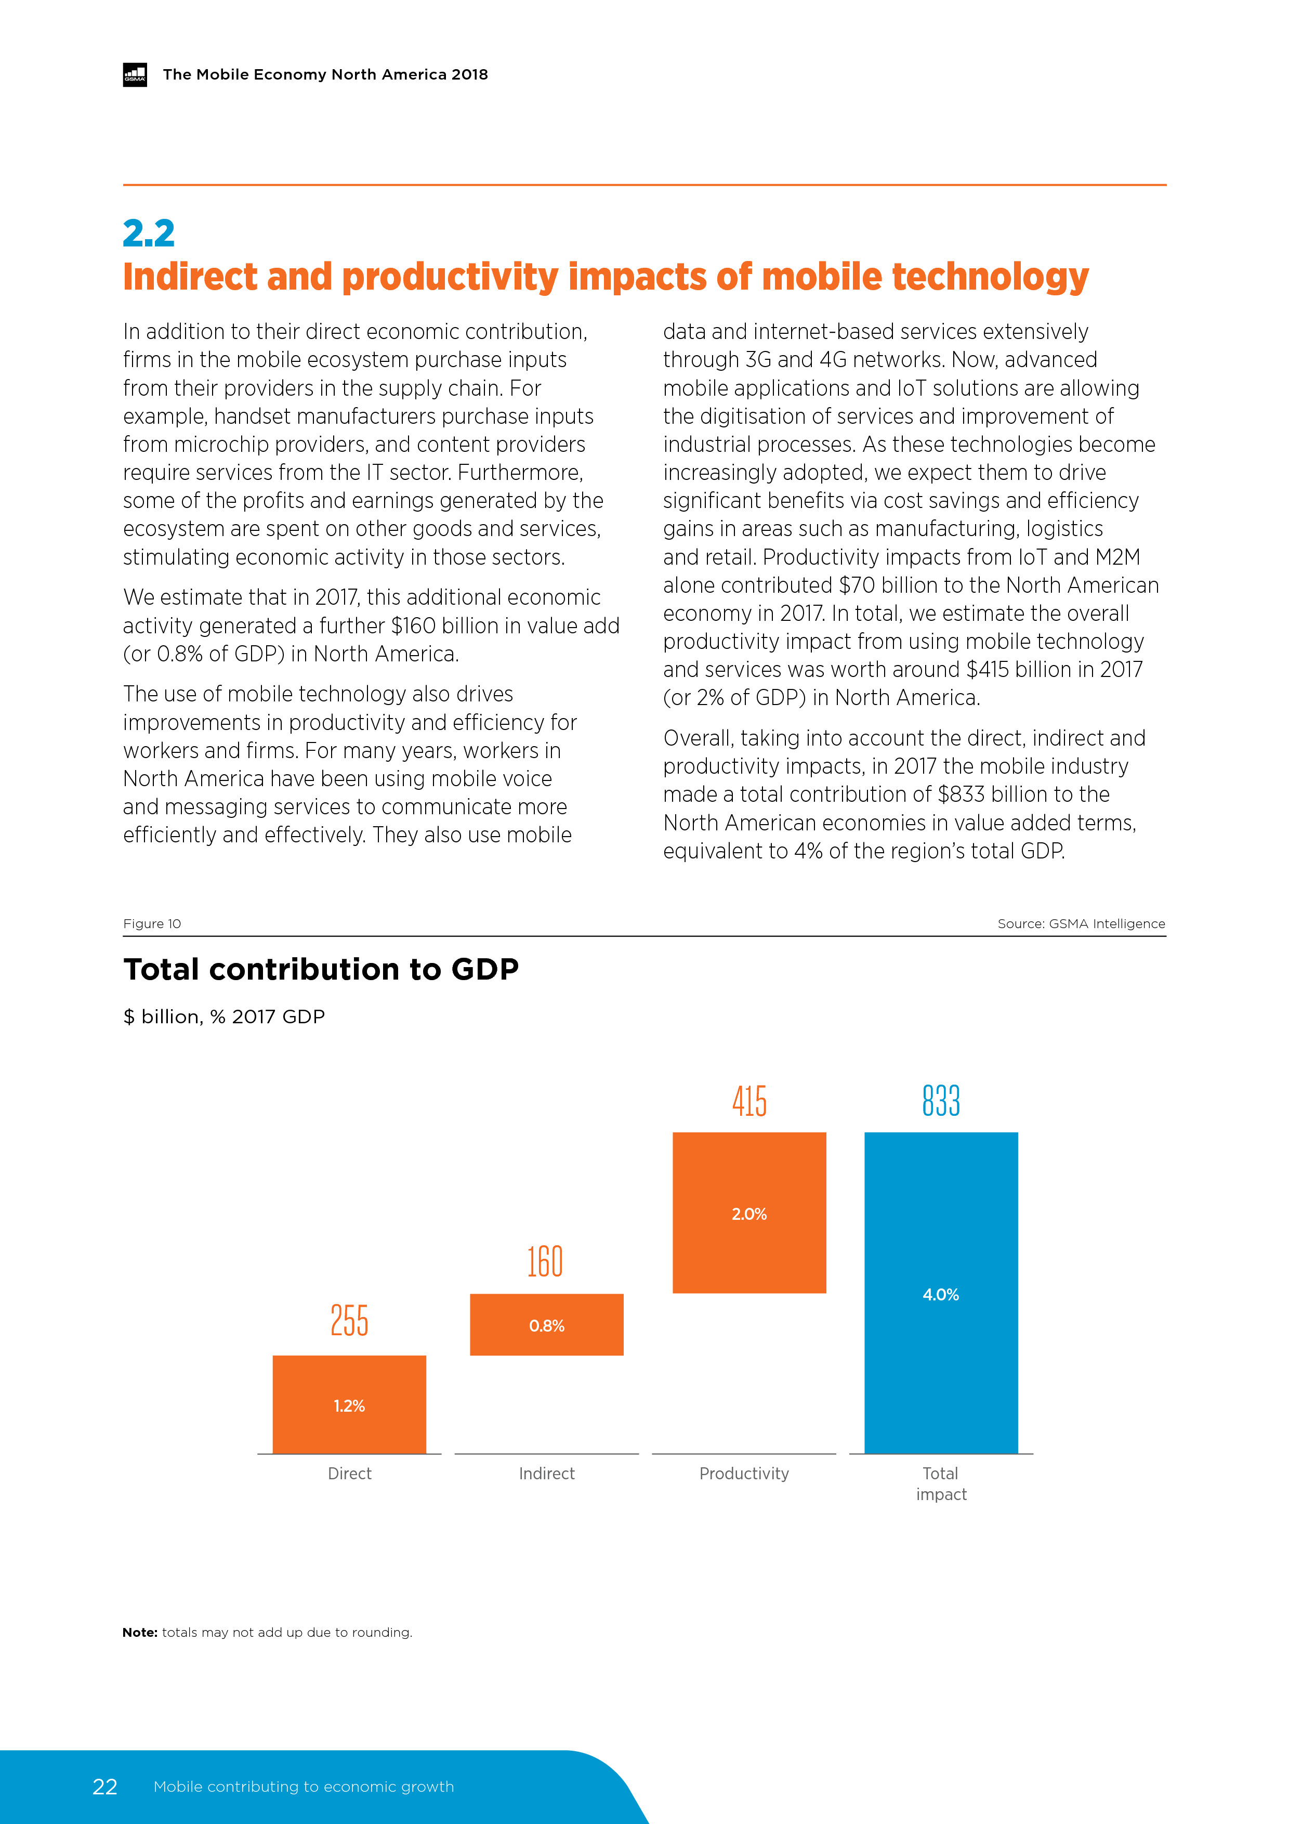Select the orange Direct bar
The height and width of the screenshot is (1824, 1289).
(x=349, y=1404)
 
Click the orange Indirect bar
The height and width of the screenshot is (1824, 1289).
(x=546, y=1324)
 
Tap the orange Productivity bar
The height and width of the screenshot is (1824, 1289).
(x=749, y=1213)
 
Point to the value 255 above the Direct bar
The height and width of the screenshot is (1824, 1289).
(x=349, y=1321)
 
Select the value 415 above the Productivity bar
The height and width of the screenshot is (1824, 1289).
(x=749, y=1101)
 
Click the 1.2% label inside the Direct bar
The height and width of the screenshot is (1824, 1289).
(x=349, y=1406)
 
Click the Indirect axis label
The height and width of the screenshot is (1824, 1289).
(x=546, y=1474)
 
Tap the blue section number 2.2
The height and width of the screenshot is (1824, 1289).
(x=149, y=233)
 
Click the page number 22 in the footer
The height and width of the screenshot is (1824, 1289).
(x=105, y=1787)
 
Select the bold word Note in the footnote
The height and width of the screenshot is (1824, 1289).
(x=140, y=1633)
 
